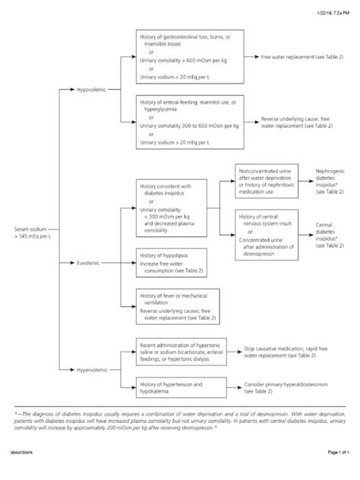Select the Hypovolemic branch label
(93, 90)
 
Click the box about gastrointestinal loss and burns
(189, 57)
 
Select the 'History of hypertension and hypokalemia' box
(183, 388)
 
